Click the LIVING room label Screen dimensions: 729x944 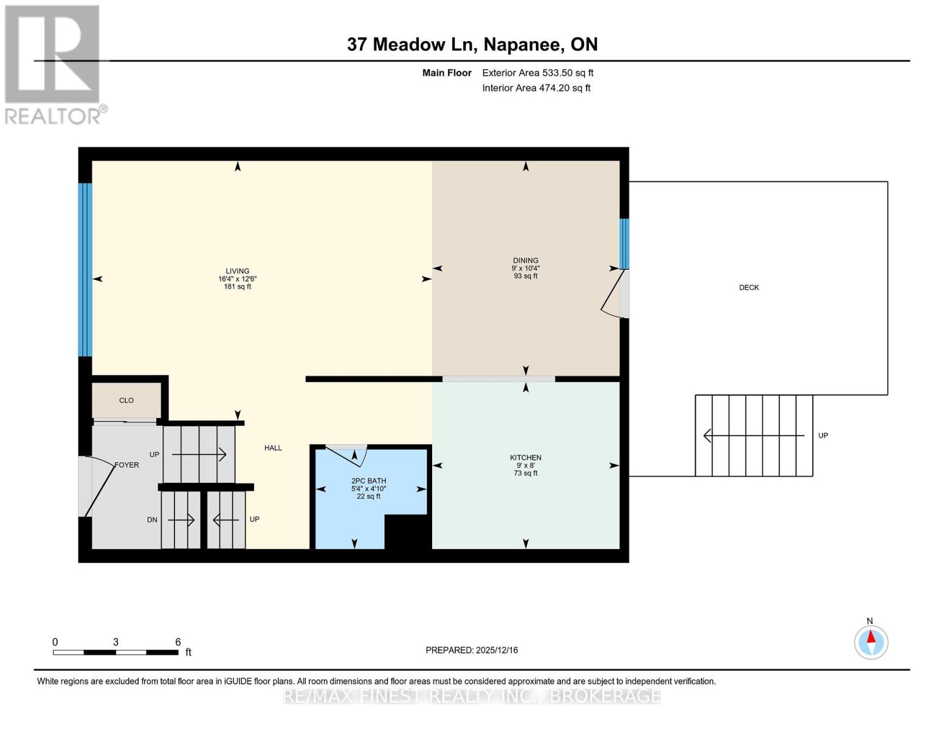click(237, 272)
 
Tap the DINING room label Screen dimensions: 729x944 click(525, 261)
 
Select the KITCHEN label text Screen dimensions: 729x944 click(525, 457)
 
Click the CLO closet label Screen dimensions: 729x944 click(126, 400)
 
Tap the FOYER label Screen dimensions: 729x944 click(127, 465)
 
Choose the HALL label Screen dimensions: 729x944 click(273, 448)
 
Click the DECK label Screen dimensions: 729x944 click(749, 287)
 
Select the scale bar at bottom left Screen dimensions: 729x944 click(115, 652)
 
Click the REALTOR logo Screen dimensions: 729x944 click(53, 64)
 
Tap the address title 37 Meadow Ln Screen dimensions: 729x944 click(472, 44)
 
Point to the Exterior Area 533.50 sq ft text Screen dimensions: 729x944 click(537, 73)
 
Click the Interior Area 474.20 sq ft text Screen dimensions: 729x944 click(536, 88)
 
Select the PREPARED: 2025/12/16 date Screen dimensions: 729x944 click(472, 650)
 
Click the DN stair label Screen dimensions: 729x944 click(153, 520)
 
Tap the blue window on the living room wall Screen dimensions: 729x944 click(85, 269)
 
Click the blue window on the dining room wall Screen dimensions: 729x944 click(624, 244)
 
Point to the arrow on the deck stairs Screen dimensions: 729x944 click(754, 436)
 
